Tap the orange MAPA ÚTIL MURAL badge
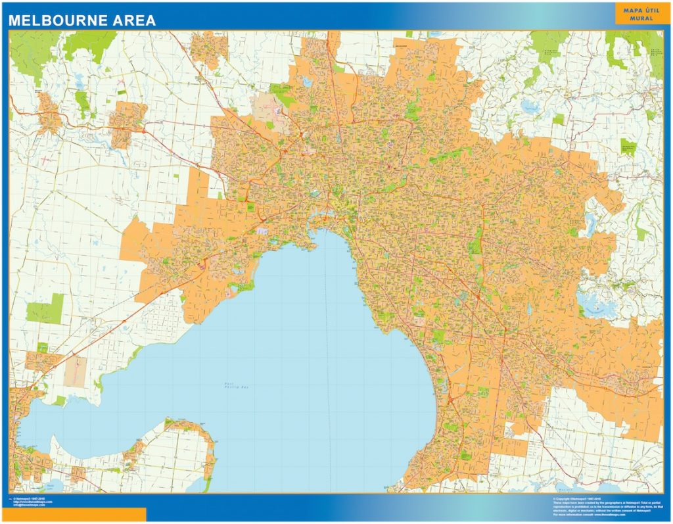click(633, 14)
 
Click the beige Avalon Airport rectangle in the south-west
click(74, 371)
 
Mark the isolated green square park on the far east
click(628, 146)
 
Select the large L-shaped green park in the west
click(47, 308)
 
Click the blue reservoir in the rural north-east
click(530, 105)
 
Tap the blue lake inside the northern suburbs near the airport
click(306, 83)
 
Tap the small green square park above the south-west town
click(43, 346)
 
